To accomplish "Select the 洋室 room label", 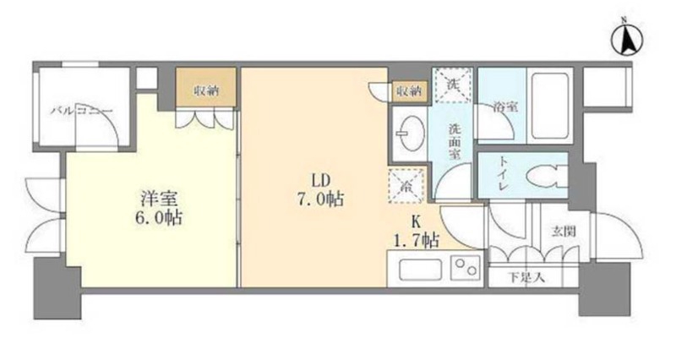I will coord(158,199).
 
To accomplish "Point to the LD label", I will coord(319,181).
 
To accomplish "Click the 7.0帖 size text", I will coord(319,200).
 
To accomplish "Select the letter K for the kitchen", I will coord(417,224).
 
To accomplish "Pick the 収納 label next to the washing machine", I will coord(409,90).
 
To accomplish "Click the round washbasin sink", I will coord(412,133).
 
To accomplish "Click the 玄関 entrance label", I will coord(560,229).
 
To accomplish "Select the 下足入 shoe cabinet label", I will coord(526,276).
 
